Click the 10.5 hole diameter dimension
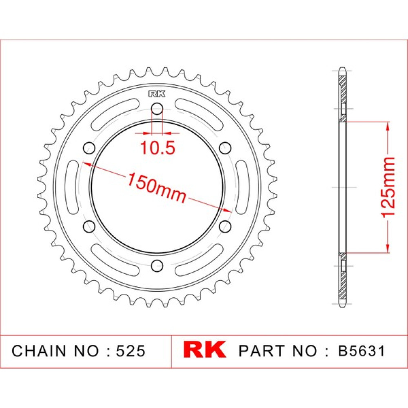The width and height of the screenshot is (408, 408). coord(157,148)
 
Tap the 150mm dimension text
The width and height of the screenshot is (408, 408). coord(156,187)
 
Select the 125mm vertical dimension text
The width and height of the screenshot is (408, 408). coord(388,187)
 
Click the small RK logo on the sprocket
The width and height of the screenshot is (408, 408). coord(157,94)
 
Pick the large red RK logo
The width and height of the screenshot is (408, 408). coord(204,350)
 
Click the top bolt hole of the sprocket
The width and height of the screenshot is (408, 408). coord(157,109)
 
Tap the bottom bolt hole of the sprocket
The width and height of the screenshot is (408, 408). coord(157,266)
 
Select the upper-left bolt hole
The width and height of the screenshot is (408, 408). coord(89,148)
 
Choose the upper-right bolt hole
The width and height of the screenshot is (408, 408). coord(225,148)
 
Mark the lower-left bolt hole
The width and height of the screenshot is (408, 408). coord(89,226)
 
